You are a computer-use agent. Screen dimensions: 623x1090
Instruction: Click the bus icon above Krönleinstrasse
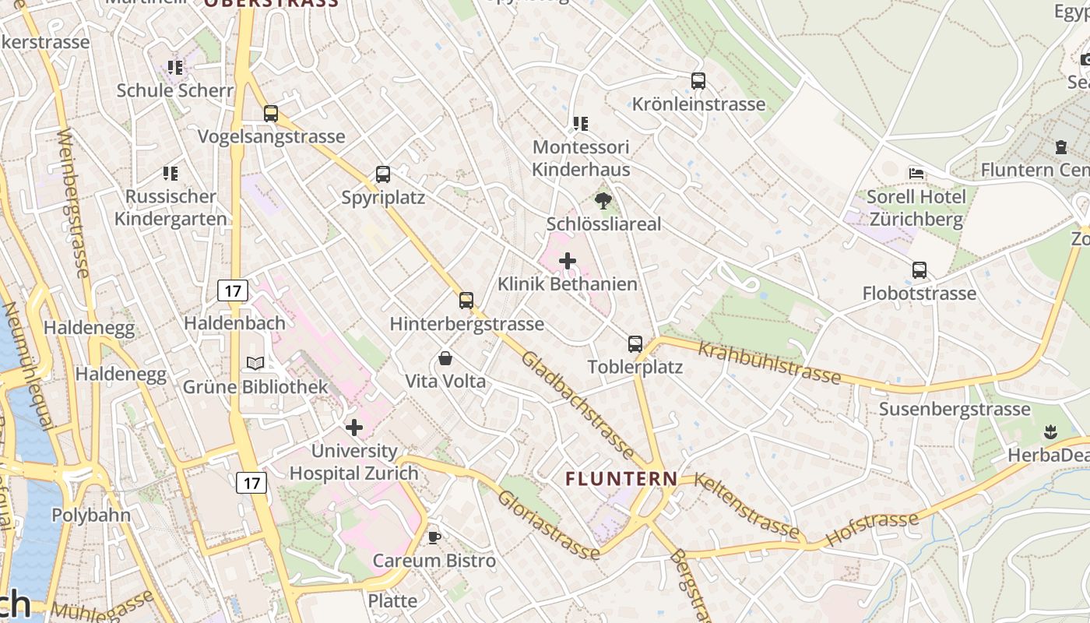[x=698, y=81]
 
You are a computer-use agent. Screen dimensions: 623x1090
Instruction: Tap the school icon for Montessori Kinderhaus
[x=580, y=124]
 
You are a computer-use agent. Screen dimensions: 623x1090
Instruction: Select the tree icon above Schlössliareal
[x=603, y=201]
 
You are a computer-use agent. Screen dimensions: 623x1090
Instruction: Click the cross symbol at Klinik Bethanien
[x=568, y=261]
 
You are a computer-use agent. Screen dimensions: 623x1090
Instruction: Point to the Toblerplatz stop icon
[x=635, y=344]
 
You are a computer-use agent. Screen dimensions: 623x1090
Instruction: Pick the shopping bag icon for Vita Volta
[x=445, y=358]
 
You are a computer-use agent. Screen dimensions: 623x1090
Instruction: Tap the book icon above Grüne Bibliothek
[x=255, y=363]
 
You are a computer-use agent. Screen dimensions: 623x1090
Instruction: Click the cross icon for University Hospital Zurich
[x=354, y=428]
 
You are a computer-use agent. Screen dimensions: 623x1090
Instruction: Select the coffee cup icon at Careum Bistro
[x=434, y=537]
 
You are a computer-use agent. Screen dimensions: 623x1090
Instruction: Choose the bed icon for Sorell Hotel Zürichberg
[x=916, y=173]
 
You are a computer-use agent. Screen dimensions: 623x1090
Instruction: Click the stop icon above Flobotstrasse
[x=919, y=270]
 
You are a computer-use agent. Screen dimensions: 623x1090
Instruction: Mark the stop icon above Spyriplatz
[x=383, y=174]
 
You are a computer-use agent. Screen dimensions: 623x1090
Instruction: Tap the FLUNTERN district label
[x=621, y=479]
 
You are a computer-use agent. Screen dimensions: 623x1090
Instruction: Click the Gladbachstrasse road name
[x=578, y=406]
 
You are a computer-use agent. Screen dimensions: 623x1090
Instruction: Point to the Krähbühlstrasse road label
[x=769, y=362]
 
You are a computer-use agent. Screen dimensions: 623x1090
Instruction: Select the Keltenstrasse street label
[x=745, y=505]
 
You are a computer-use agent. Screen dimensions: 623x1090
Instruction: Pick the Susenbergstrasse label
[x=955, y=410]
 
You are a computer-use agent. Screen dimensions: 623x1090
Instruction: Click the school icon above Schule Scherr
[x=175, y=68]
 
